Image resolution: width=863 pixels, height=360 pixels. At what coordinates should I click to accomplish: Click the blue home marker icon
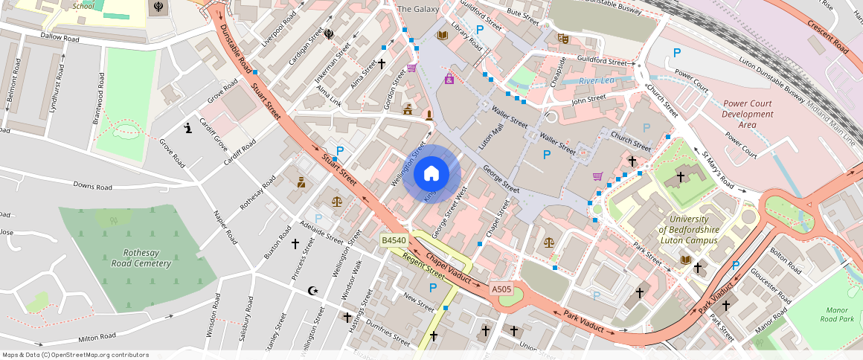tap(431, 174)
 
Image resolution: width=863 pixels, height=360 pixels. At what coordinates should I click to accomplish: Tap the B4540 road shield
tap(394, 240)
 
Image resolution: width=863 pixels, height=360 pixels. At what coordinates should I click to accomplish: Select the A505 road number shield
tap(501, 289)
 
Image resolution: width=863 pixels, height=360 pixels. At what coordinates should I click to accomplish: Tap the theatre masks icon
tap(562, 37)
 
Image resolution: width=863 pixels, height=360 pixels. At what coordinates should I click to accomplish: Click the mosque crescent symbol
tap(312, 291)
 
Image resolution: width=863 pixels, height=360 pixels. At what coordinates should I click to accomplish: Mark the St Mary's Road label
tap(719, 171)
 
